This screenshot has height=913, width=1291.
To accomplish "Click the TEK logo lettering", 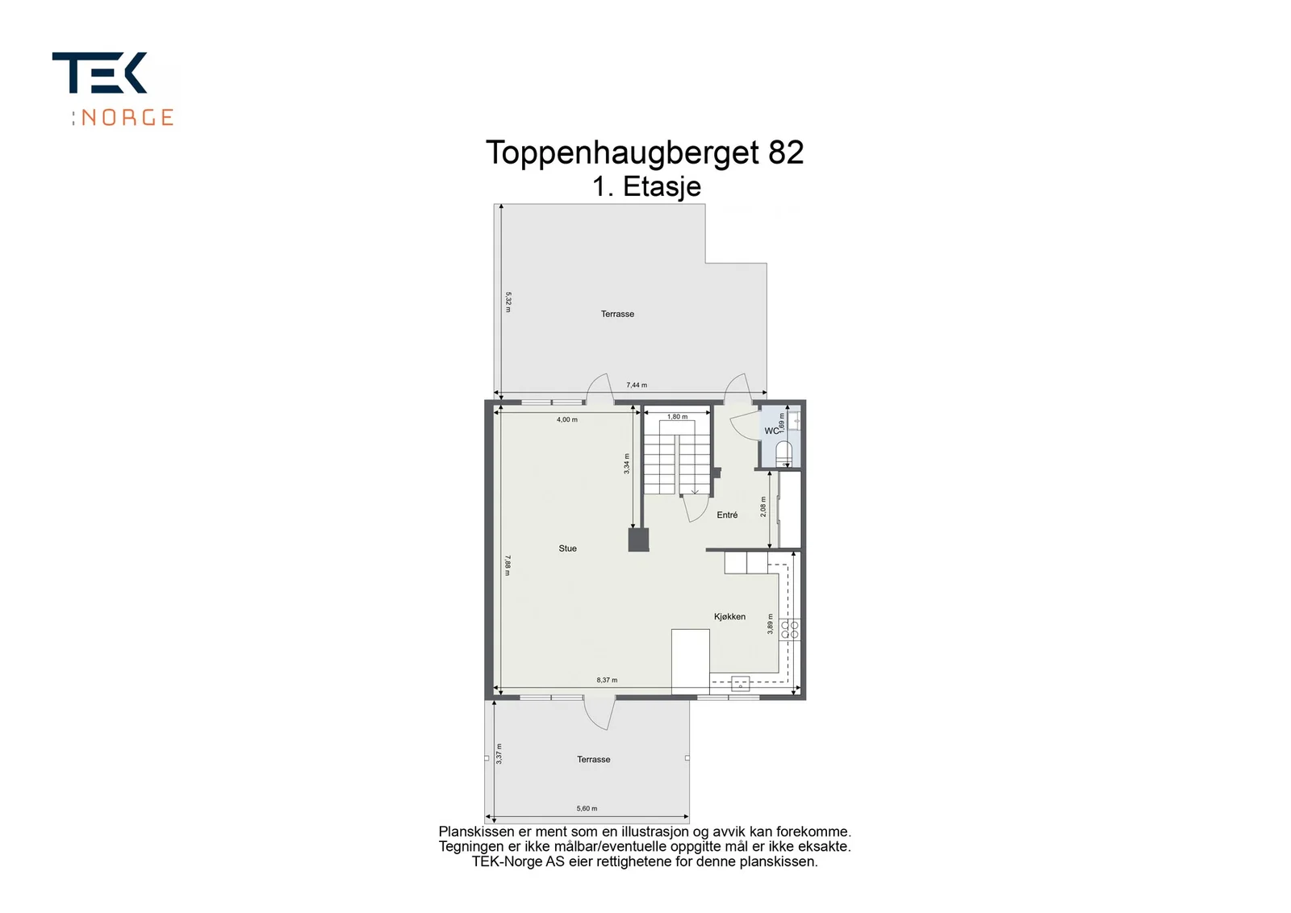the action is pyautogui.click(x=100, y=73).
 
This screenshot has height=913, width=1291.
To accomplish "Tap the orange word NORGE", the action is pyautogui.click(x=127, y=118).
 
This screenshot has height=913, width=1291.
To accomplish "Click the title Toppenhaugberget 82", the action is pyautogui.click(x=645, y=153).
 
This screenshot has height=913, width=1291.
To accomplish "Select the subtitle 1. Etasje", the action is pyautogui.click(x=646, y=186).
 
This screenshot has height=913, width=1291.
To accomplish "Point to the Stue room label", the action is pyautogui.click(x=568, y=548).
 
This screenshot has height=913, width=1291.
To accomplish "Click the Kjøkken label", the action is pyautogui.click(x=729, y=617).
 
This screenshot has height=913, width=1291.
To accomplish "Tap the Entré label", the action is pyautogui.click(x=727, y=515).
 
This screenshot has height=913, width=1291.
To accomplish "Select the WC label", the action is pyautogui.click(x=771, y=431).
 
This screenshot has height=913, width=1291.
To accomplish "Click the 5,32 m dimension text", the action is pyautogui.click(x=508, y=302).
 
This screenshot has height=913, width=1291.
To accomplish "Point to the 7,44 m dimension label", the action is pyautogui.click(x=637, y=385).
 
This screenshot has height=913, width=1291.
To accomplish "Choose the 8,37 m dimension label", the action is pyautogui.click(x=607, y=680).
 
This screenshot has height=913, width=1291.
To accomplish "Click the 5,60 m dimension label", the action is pyautogui.click(x=587, y=808).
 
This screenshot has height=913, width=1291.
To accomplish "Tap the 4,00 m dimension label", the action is pyautogui.click(x=567, y=419).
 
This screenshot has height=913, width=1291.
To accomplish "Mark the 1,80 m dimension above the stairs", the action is pyautogui.click(x=677, y=416).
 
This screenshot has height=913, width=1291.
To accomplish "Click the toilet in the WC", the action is pyautogui.click(x=783, y=454).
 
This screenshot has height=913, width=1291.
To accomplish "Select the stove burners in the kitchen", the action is pyautogui.click(x=790, y=630).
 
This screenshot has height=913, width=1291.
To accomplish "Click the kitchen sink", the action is pyautogui.click(x=740, y=684).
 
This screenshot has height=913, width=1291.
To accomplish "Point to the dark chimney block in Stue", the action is pyautogui.click(x=638, y=540).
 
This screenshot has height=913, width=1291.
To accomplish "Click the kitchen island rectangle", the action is pyautogui.click(x=691, y=661).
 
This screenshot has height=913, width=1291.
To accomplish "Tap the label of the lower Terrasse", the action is pyautogui.click(x=594, y=759).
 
